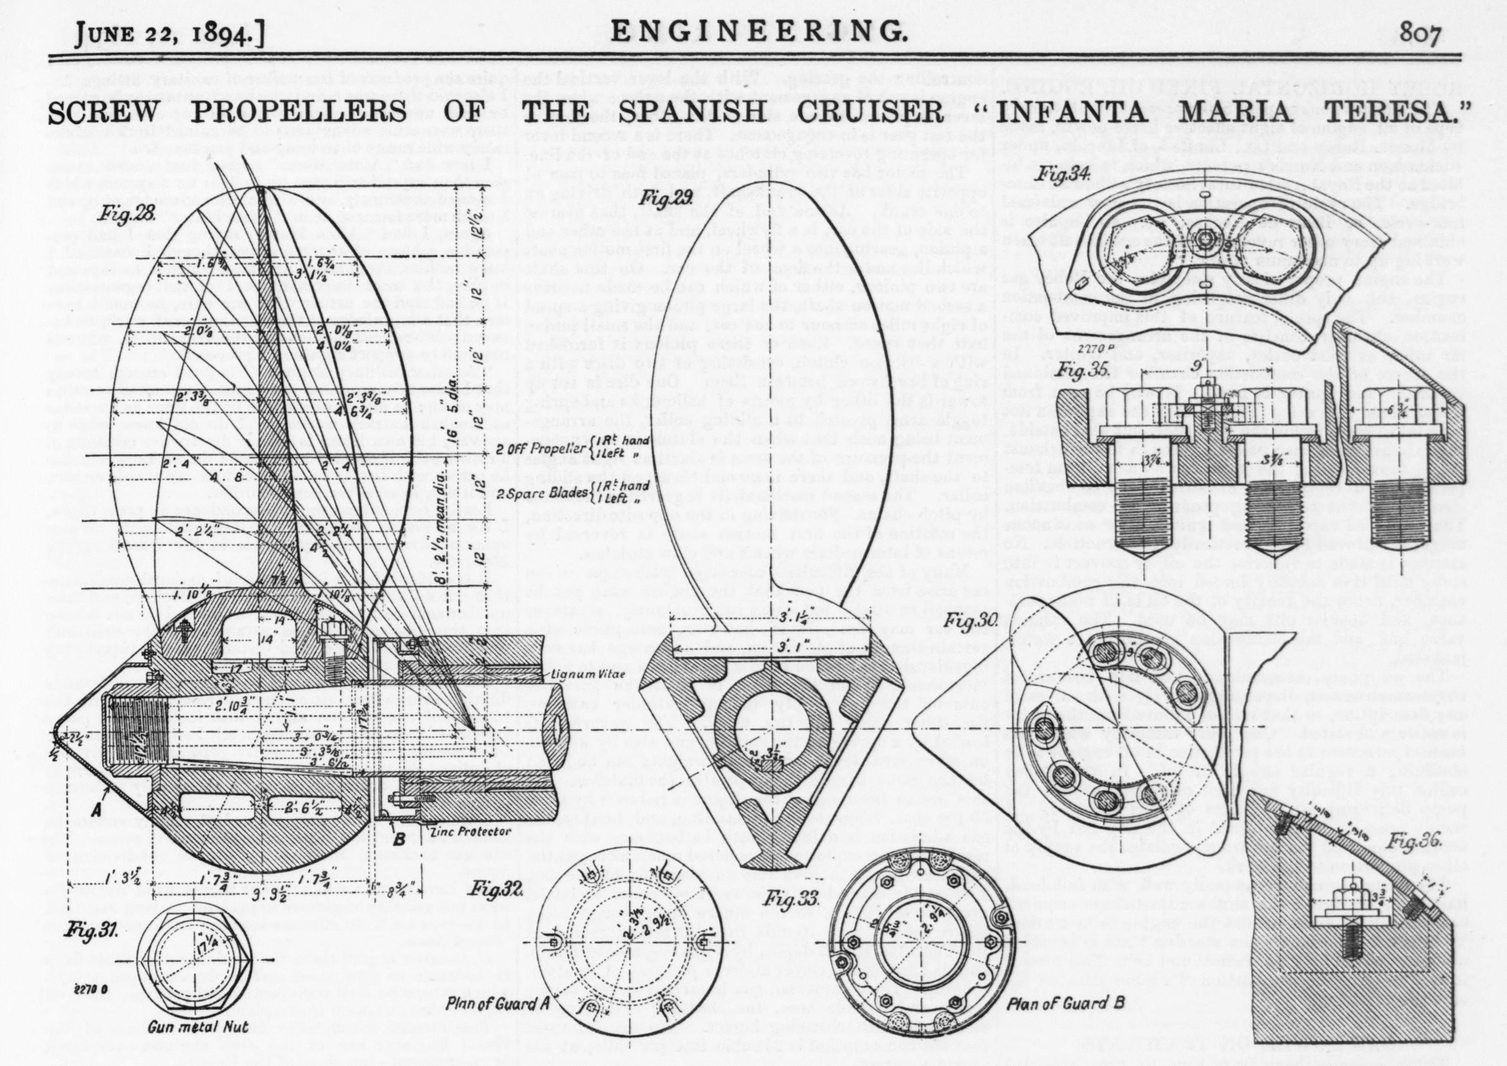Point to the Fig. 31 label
click(91, 930)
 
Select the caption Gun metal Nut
click(197, 1027)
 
